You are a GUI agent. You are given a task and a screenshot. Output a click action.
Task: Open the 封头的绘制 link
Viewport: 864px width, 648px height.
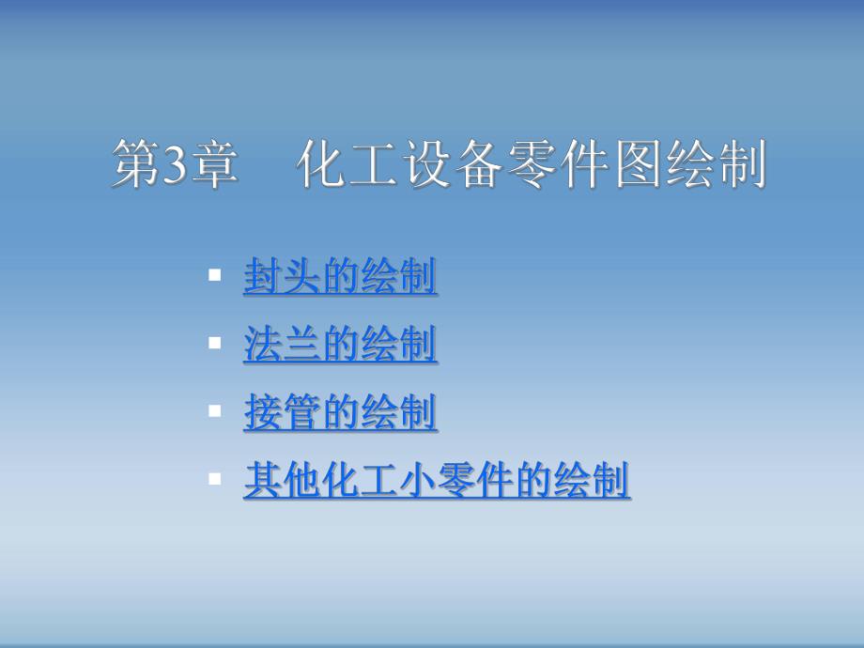340,278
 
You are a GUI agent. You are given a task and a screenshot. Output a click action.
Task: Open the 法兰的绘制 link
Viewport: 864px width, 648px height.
340,346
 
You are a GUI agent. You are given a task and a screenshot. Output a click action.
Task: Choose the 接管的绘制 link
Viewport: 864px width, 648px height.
340,413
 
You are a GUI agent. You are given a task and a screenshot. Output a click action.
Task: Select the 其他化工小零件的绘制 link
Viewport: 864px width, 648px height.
437,481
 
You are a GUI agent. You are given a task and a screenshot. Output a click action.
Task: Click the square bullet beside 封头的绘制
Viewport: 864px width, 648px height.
215,276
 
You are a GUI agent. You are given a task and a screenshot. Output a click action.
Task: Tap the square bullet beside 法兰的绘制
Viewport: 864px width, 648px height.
215,344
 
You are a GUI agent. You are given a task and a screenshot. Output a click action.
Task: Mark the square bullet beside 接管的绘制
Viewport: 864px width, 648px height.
215,410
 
